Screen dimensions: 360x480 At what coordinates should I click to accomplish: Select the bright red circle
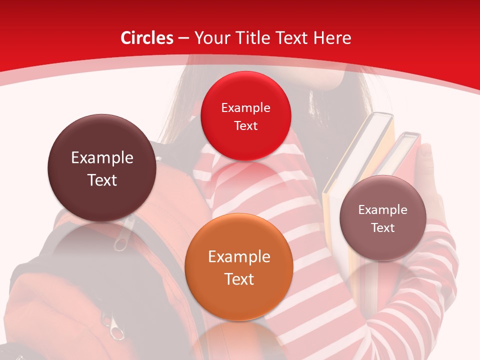click(x=245, y=116)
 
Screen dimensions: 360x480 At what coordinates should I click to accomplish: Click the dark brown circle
click(x=102, y=168)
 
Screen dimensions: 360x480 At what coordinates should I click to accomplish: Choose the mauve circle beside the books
click(x=383, y=218)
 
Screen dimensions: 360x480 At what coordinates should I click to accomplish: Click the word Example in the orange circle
click(x=238, y=257)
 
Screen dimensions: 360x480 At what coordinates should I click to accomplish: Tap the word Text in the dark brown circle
click(x=102, y=180)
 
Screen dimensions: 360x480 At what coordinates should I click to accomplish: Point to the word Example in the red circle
click(x=245, y=108)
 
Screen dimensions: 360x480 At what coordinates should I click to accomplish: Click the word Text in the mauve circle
click(x=383, y=228)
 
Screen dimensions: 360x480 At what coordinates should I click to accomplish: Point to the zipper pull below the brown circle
click(x=120, y=239)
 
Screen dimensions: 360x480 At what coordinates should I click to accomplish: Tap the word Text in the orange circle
click(x=238, y=279)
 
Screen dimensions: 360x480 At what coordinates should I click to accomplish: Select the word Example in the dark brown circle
click(x=102, y=158)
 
